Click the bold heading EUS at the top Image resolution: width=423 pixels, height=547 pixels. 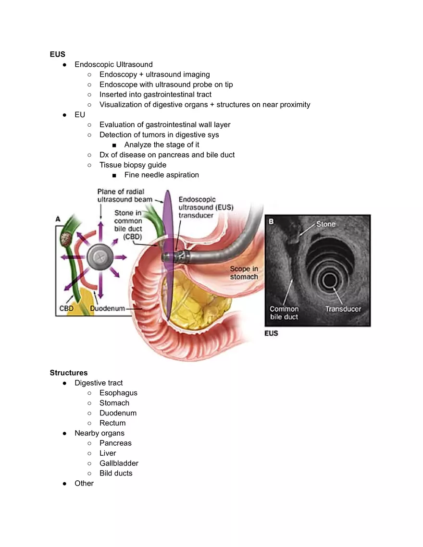point(58,54)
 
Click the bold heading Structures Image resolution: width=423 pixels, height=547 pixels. point(69,373)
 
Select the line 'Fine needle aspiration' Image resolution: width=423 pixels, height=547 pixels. point(162,175)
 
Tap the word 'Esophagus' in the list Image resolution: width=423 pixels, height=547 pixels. point(118,393)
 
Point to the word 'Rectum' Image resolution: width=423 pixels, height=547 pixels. point(112,423)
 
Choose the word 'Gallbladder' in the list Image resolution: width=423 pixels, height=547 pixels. point(119,463)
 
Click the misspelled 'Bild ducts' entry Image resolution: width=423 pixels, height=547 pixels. point(116,473)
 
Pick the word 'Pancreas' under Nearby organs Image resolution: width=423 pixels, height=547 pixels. point(115,443)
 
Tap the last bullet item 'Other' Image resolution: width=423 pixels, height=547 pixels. point(84,483)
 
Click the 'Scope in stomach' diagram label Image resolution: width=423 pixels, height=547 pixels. point(244,273)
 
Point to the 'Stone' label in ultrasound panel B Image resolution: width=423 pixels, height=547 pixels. point(326,224)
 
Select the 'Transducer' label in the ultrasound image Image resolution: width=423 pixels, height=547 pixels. point(343,309)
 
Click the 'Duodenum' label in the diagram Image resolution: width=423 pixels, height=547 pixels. point(108,308)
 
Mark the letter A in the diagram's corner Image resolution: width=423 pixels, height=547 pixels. point(58,219)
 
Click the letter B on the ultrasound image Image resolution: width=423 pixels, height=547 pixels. point(271,222)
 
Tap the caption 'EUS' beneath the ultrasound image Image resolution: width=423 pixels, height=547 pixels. point(271,333)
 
